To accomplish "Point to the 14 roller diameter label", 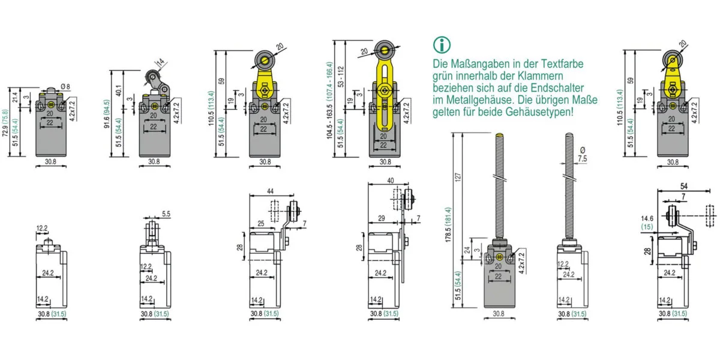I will click(160, 62).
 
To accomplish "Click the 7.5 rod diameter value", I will click(582, 158).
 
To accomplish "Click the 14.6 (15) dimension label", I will click(647, 223).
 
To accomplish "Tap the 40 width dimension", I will click(391, 180).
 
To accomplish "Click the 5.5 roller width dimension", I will click(166, 213).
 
